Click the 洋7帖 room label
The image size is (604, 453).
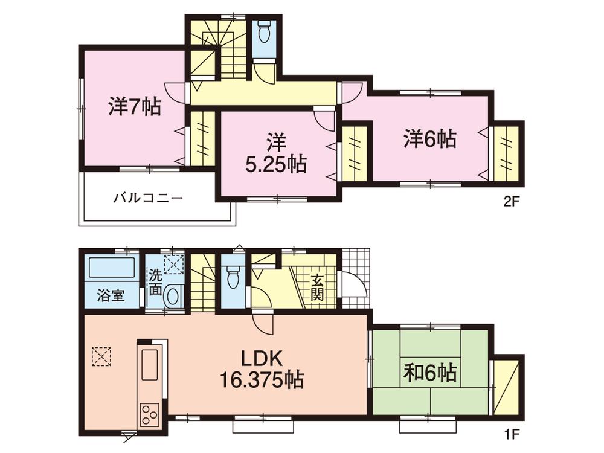coord(134,108)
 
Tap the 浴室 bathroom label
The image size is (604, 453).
coord(111,296)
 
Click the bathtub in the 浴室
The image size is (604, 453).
coord(112,268)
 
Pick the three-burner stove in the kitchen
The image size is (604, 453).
coord(149,414)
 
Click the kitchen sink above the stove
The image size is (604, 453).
coord(149,362)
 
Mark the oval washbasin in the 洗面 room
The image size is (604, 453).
coord(173,296)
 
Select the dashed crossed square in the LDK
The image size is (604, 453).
coord(101,356)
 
